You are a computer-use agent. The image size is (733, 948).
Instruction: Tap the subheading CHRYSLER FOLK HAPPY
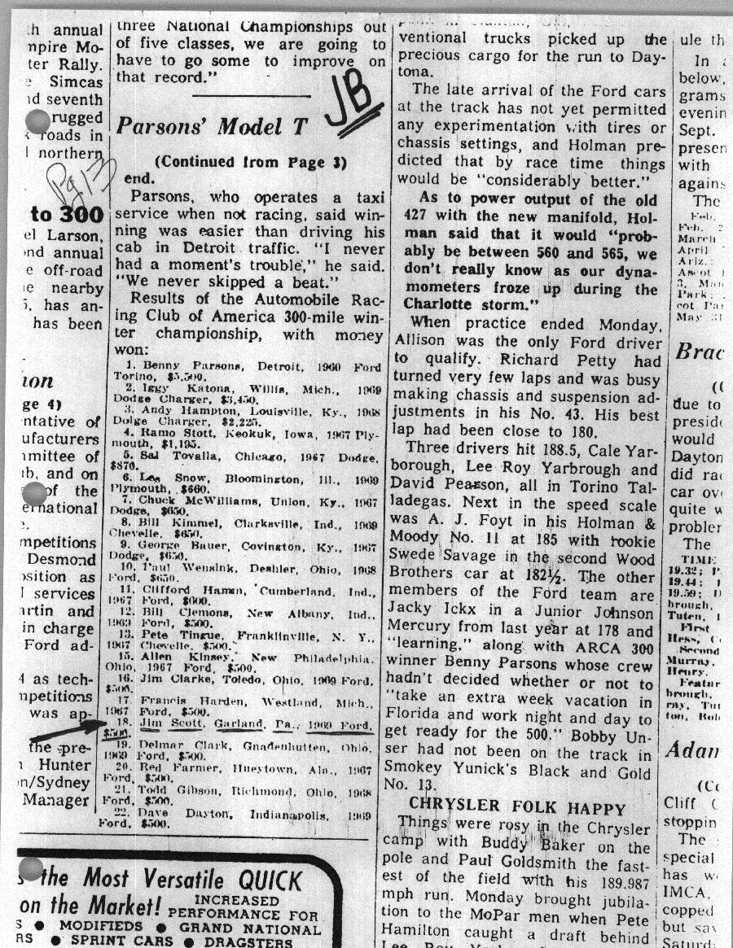coord(518,809)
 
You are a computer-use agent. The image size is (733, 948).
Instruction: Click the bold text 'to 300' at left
coord(68,216)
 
